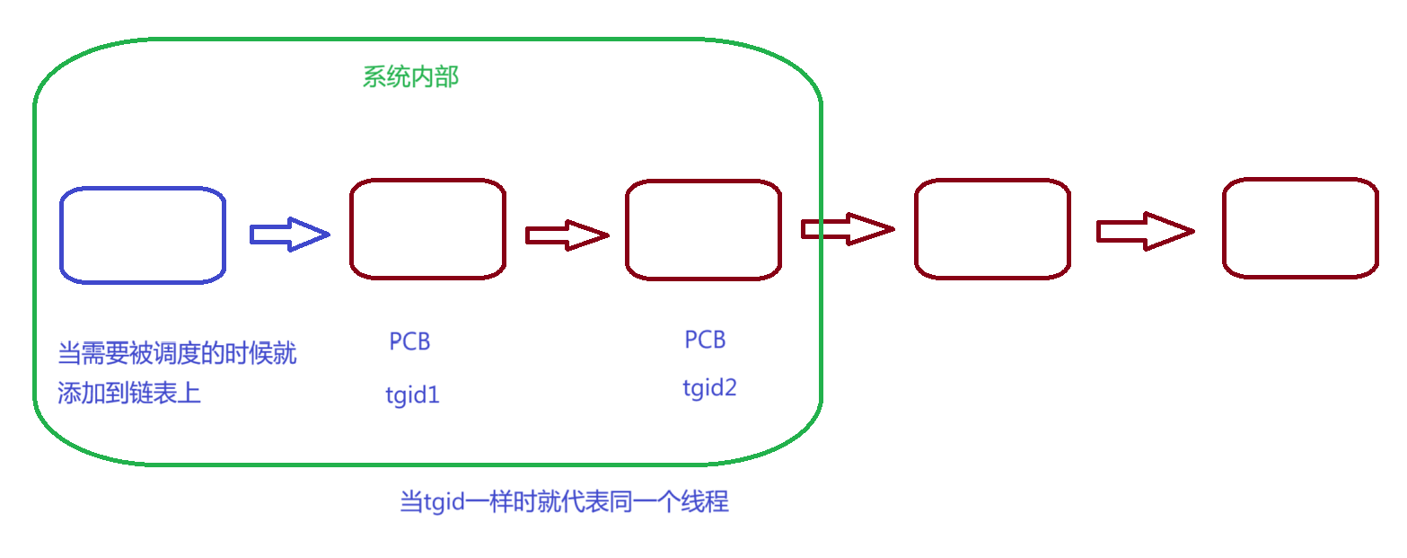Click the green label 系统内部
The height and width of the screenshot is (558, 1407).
[x=410, y=77]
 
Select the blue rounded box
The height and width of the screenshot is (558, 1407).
[x=142, y=235]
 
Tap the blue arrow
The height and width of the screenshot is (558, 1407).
[x=290, y=235]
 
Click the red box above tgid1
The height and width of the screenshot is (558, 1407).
[x=427, y=228]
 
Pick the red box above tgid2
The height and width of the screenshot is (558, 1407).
[x=703, y=229]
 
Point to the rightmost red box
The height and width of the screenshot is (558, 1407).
[x=1300, y=228]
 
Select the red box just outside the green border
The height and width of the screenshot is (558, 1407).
[x=992, y=228]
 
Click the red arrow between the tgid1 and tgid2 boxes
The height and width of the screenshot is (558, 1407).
[x=567, y=235]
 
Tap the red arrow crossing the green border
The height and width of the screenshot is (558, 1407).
[x=848, y=229]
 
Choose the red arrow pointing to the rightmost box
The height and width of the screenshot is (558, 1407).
[x=1145, y=231]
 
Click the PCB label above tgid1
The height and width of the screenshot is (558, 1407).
[x=409, y=341]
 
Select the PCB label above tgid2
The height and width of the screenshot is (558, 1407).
[x=705, y=340]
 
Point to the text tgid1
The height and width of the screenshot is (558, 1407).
[x=413, y=395]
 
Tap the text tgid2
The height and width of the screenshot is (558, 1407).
[x=709, y=388]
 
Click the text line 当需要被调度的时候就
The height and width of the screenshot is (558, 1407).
[x=177, y=354]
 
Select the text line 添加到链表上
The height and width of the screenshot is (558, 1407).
[x=129, y=394]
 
